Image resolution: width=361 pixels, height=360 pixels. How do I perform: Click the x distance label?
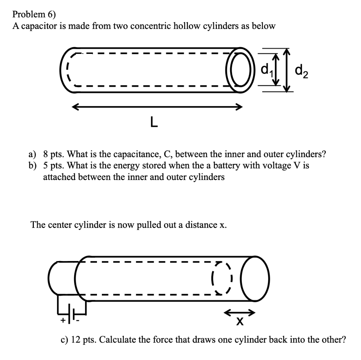pos(240,322)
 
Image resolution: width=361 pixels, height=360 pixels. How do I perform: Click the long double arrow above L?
pos(157,107)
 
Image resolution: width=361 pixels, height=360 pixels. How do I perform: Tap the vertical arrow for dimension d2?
pos(288,70)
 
